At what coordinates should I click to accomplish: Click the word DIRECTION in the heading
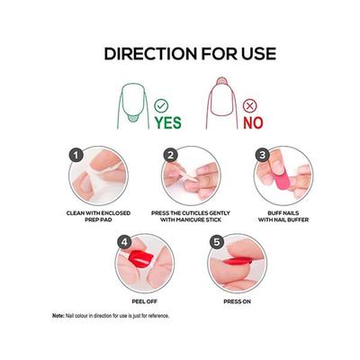[150, 54]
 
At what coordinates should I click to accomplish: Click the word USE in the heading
[258, 54]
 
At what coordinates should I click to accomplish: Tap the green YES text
[168, 122]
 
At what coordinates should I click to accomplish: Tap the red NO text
[253, 122]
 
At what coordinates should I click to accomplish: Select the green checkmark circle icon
[161, 105]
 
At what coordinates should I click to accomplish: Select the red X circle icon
[250, 105]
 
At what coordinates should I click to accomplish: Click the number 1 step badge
[76, 155]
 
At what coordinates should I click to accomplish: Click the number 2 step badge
[171, 155]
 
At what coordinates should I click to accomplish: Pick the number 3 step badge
[263, 155]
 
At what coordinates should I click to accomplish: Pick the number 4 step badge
[124, 242]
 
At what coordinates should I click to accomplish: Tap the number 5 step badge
[217, 242]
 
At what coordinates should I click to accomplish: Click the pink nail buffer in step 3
[282, 179]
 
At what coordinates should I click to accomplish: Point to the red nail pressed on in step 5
[238, 261]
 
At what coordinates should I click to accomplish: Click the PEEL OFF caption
[145, 301]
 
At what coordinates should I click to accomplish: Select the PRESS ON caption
[237, 301]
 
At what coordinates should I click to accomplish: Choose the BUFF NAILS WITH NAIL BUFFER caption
[283, 216]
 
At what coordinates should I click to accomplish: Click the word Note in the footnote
[58, 316]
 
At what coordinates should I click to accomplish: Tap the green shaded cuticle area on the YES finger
[133, 118]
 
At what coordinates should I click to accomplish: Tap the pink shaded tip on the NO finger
[221, 81]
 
